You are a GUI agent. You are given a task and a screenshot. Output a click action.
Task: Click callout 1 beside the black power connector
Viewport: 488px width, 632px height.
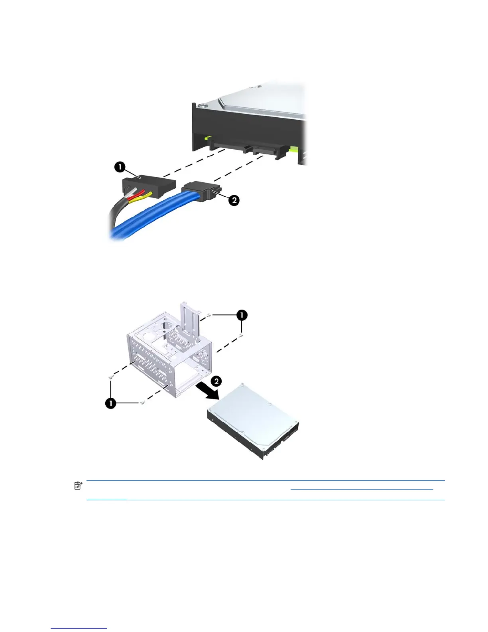[x=120, y=167]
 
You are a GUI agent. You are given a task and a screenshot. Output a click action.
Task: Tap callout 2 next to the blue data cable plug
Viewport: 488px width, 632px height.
[x=234, y=199]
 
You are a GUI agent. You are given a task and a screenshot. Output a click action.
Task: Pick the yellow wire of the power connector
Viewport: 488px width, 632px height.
[x=146, y=196]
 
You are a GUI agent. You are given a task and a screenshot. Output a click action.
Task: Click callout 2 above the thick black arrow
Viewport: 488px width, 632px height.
[x=216, y=381]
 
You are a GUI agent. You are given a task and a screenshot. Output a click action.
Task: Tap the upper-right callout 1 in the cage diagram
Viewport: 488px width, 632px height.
[x=241, y=315]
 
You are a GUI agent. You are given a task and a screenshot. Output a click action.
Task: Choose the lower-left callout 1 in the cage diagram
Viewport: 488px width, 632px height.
[x=110, y=403]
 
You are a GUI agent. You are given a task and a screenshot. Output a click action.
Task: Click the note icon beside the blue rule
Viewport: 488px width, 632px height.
[x=78, y=486]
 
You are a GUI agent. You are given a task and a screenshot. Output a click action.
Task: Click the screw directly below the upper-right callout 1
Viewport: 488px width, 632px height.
[x=241, y=336]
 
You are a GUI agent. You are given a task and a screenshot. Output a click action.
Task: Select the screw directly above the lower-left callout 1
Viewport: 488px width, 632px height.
[x=110, y=376]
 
